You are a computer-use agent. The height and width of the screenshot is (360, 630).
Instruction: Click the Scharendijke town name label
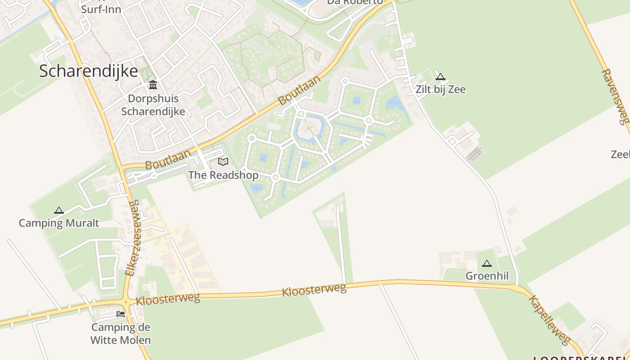pos(88,71)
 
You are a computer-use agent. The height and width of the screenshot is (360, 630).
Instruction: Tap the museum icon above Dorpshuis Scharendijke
pos(153,85)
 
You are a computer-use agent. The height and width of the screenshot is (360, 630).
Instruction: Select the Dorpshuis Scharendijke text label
pos(153,105)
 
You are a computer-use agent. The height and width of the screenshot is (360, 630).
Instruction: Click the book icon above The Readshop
pos(223,162)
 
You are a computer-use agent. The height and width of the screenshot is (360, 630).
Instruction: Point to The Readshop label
pos(223,175)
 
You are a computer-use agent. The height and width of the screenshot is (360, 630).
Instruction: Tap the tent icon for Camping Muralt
pos(59,210)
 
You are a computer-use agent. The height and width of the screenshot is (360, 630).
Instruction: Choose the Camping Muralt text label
pos(59,223)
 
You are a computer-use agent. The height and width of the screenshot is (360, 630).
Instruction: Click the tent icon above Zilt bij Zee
pos(441,76)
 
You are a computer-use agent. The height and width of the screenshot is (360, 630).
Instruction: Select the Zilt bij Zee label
pos(441,89)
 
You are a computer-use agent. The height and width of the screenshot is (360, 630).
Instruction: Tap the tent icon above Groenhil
pos(487,263)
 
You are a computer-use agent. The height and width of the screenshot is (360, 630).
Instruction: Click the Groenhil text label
pos(487,276)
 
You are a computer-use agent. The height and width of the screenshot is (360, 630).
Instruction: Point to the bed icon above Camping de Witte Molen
pos(121,314)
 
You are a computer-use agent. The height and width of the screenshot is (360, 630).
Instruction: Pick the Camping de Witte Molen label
pos(121,333)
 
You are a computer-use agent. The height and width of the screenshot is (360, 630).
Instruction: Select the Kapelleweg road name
pos(549,319)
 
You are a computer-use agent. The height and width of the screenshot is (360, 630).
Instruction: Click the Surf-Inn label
pos(101,9)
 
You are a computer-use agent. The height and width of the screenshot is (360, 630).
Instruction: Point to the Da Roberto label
pos(355,2)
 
